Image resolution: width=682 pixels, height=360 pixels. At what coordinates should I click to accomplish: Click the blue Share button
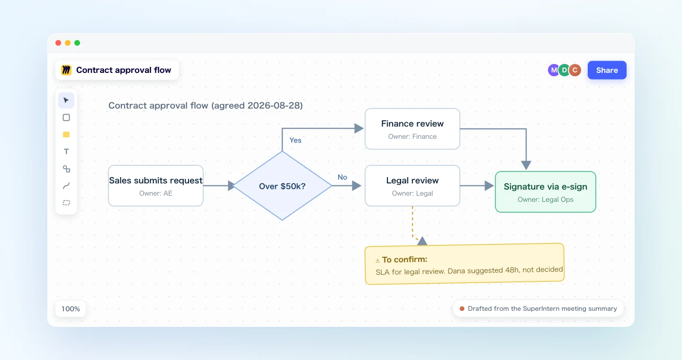click(x=607, y=70)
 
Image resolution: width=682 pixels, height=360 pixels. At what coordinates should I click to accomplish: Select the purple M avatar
click(x=553, y=70)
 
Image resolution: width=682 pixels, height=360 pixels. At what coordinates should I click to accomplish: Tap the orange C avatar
click(x=575, y=70)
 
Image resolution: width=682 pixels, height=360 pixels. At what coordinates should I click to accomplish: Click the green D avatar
click(x=564, y=70)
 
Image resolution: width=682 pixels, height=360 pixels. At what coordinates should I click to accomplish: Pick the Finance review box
click(x=412, y=129)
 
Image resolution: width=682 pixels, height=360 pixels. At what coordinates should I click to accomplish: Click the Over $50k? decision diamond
click(x=282, y=186)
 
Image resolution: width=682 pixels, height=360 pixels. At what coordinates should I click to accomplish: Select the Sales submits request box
click(x=155, y=186)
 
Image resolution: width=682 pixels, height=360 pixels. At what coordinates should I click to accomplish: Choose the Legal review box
click(x=412, y=186)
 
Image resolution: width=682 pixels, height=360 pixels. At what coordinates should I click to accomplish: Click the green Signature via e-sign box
click(x=545, y=192)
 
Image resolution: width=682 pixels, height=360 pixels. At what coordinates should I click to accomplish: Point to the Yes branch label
click(x=296, y=140)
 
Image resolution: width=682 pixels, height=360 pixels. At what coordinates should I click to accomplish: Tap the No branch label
click(x=342, y=177)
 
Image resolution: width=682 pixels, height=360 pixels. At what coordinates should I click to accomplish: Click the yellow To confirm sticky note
click(x=465, y=264)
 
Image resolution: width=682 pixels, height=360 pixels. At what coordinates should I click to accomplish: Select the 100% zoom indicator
click(x=71, y=309)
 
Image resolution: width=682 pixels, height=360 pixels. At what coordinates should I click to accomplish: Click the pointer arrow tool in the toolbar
click(x=66, y=100)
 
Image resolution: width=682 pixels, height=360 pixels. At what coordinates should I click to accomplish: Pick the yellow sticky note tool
click(x=66, y=135)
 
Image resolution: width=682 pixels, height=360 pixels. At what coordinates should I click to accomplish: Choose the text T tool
click(x=66, y=152)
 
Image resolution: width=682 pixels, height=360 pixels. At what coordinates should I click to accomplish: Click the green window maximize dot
click(x=77, y=43)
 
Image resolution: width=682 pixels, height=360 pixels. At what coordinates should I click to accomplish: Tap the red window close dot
click(x=58, y=43)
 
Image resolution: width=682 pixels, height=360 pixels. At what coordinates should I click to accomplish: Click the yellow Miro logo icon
click(x=66, y=70)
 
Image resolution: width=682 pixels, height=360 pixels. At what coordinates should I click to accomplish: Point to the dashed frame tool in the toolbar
click(x=66, y=203)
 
